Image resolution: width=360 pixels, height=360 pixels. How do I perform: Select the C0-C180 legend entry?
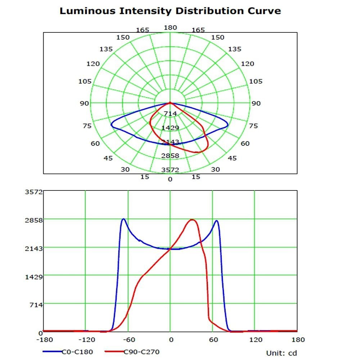(77, 352)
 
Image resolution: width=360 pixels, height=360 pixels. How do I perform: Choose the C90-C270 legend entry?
(142, 352)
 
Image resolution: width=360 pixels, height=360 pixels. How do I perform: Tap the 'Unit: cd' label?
(282, 353)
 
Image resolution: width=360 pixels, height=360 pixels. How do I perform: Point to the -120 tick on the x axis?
(86, 339)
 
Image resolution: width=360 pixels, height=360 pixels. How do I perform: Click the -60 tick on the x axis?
(128, 339)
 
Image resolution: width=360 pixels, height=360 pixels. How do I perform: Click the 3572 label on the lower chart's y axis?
(36, 192)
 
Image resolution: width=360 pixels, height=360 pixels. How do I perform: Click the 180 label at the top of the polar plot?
(170, 28)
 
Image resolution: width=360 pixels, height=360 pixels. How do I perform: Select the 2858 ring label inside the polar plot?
(170, 156)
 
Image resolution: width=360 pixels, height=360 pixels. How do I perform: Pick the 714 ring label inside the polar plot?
(170, 114)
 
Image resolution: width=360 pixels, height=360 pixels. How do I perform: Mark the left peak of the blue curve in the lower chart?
(123, 219)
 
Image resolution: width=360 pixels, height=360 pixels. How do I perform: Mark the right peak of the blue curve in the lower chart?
(216, 221)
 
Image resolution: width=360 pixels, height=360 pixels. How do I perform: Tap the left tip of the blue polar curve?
(111, 125)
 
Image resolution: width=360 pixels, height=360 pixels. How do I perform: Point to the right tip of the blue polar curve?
(228, 126)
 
